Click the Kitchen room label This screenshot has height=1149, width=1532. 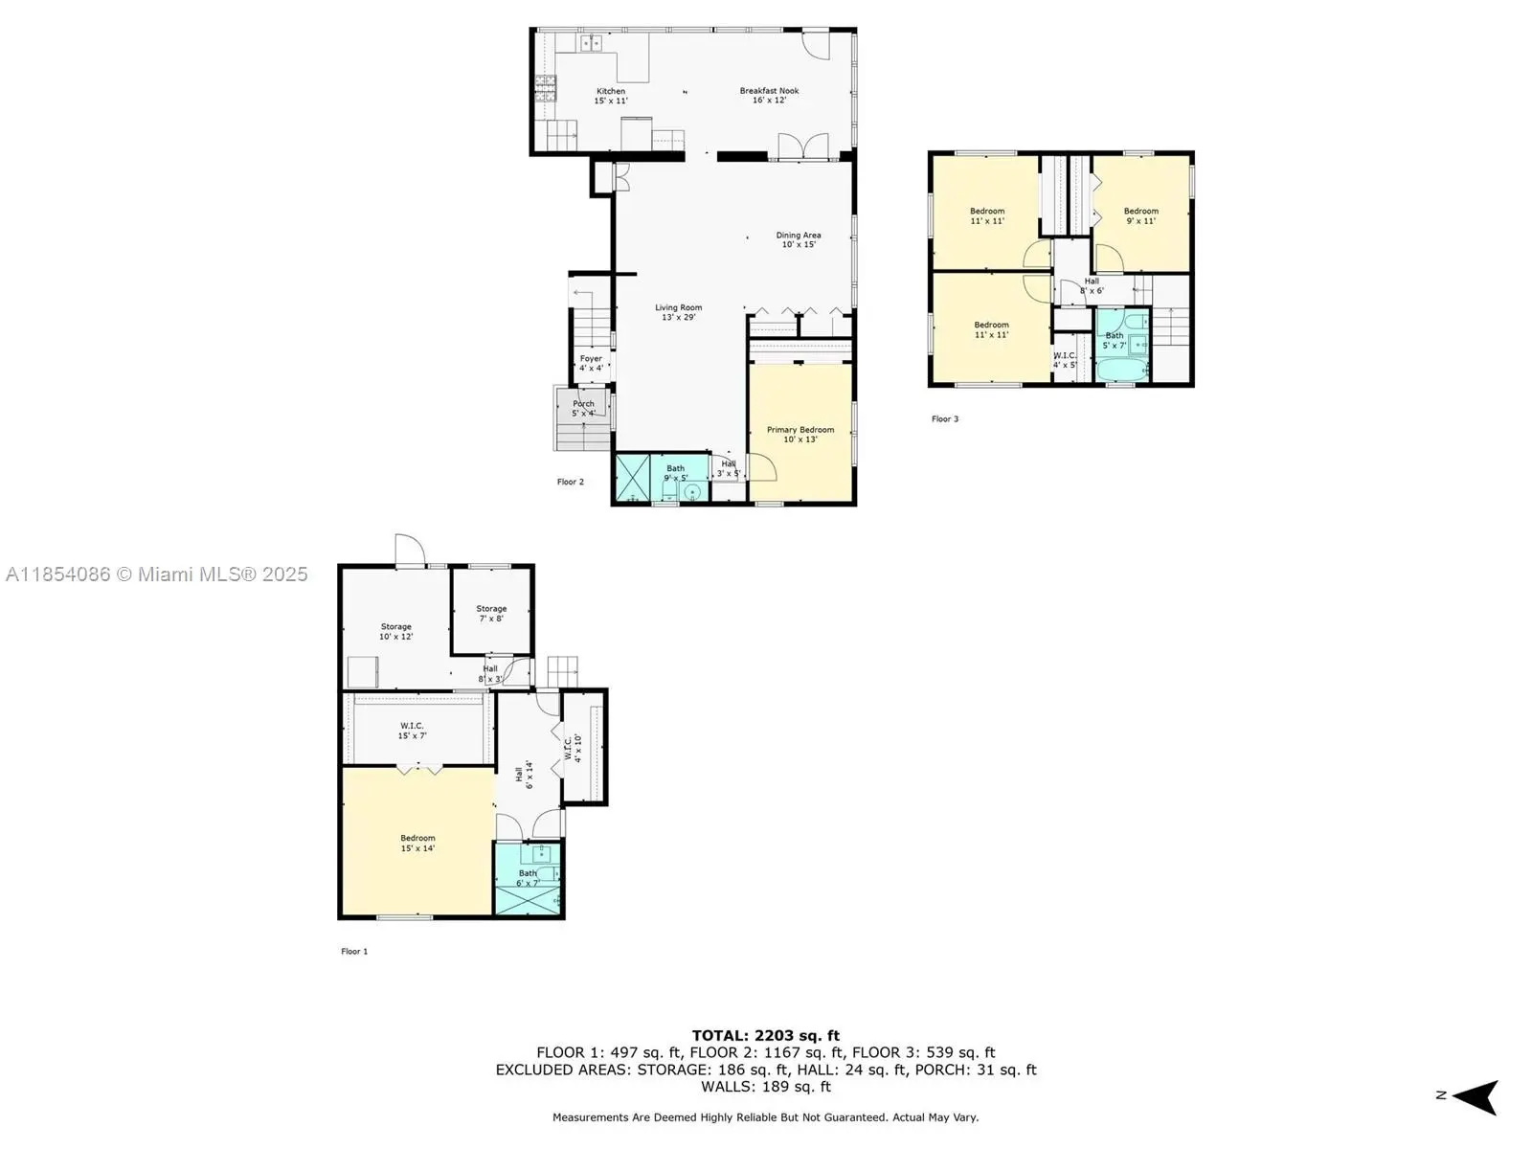[x=611, y=96]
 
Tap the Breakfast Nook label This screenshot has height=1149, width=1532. [x=769, y=95]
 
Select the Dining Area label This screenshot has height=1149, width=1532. [x=799, y=239]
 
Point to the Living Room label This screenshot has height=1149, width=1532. [x=679, y=312]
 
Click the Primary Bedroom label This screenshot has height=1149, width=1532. [x=800, y=434]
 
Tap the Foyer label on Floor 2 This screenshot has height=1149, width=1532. [x=591, y=363]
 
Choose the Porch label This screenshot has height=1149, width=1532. [x=583, y=408]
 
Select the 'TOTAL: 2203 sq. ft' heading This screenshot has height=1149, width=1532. [x=766, y=1035]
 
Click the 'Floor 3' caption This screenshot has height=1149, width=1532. [x=945, y=418]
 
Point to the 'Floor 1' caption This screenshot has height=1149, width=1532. [x=354, y=951]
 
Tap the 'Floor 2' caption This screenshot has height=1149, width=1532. [x=571, y=482]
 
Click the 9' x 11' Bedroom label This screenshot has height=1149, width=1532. [x=1141, y=215]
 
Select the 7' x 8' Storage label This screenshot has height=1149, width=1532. [x=491, y=613]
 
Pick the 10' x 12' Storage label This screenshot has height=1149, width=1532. [x=395, y=631]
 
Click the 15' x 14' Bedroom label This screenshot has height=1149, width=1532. [x=417, y=843]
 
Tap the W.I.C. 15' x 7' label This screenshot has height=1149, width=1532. [x=412, y=731]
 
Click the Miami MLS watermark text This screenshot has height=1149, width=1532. [x=156, y=574]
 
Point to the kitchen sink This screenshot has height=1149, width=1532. [x=591, y=42]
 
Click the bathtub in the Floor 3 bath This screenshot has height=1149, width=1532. [x=1121, y=370]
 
